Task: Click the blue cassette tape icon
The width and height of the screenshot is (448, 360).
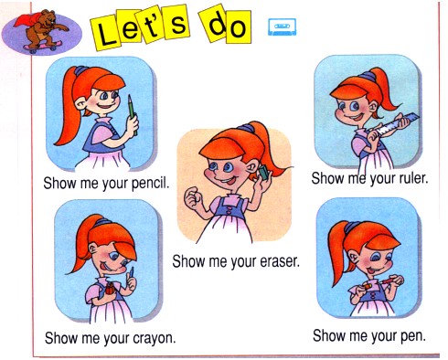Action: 282,26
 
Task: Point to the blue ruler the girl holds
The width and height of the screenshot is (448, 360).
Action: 393,124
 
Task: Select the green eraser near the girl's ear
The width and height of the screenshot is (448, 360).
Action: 263,173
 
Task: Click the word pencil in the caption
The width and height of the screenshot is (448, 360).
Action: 150,184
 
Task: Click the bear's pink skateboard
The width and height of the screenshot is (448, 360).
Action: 42,47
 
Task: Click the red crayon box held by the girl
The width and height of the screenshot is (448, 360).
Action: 110,288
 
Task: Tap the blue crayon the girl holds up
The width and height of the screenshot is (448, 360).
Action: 132,272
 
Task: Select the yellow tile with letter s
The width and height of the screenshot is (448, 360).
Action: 177,22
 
